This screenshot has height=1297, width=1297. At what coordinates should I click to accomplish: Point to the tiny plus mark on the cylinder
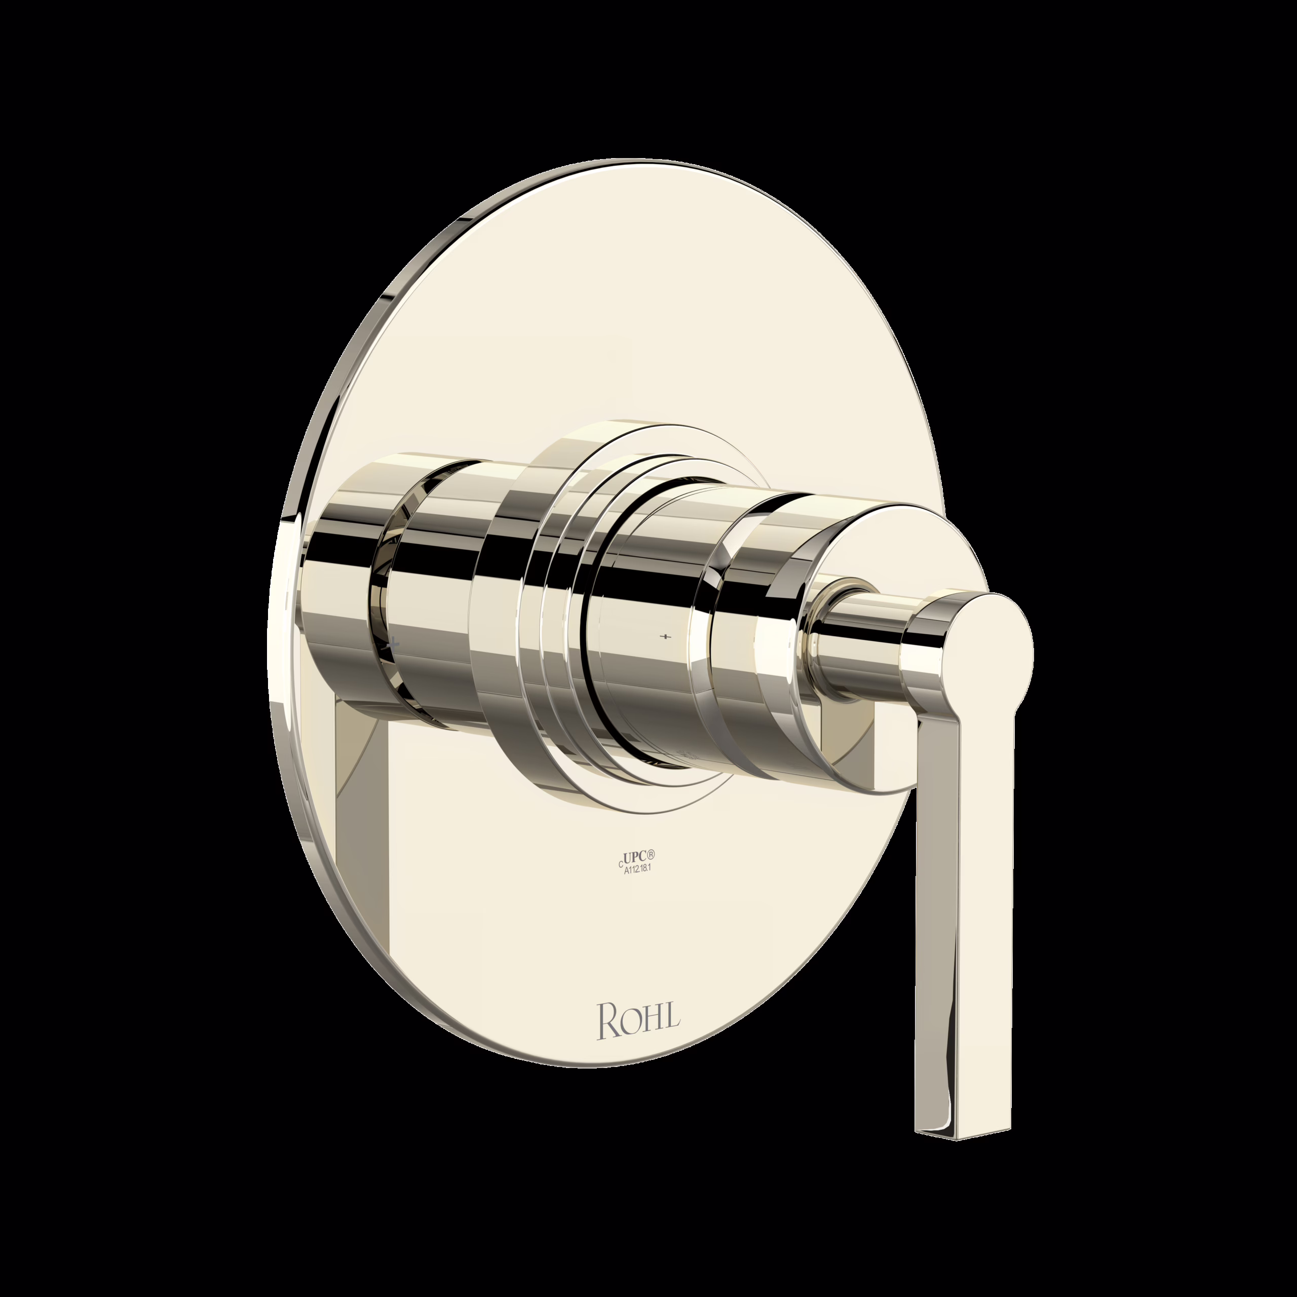665,635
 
